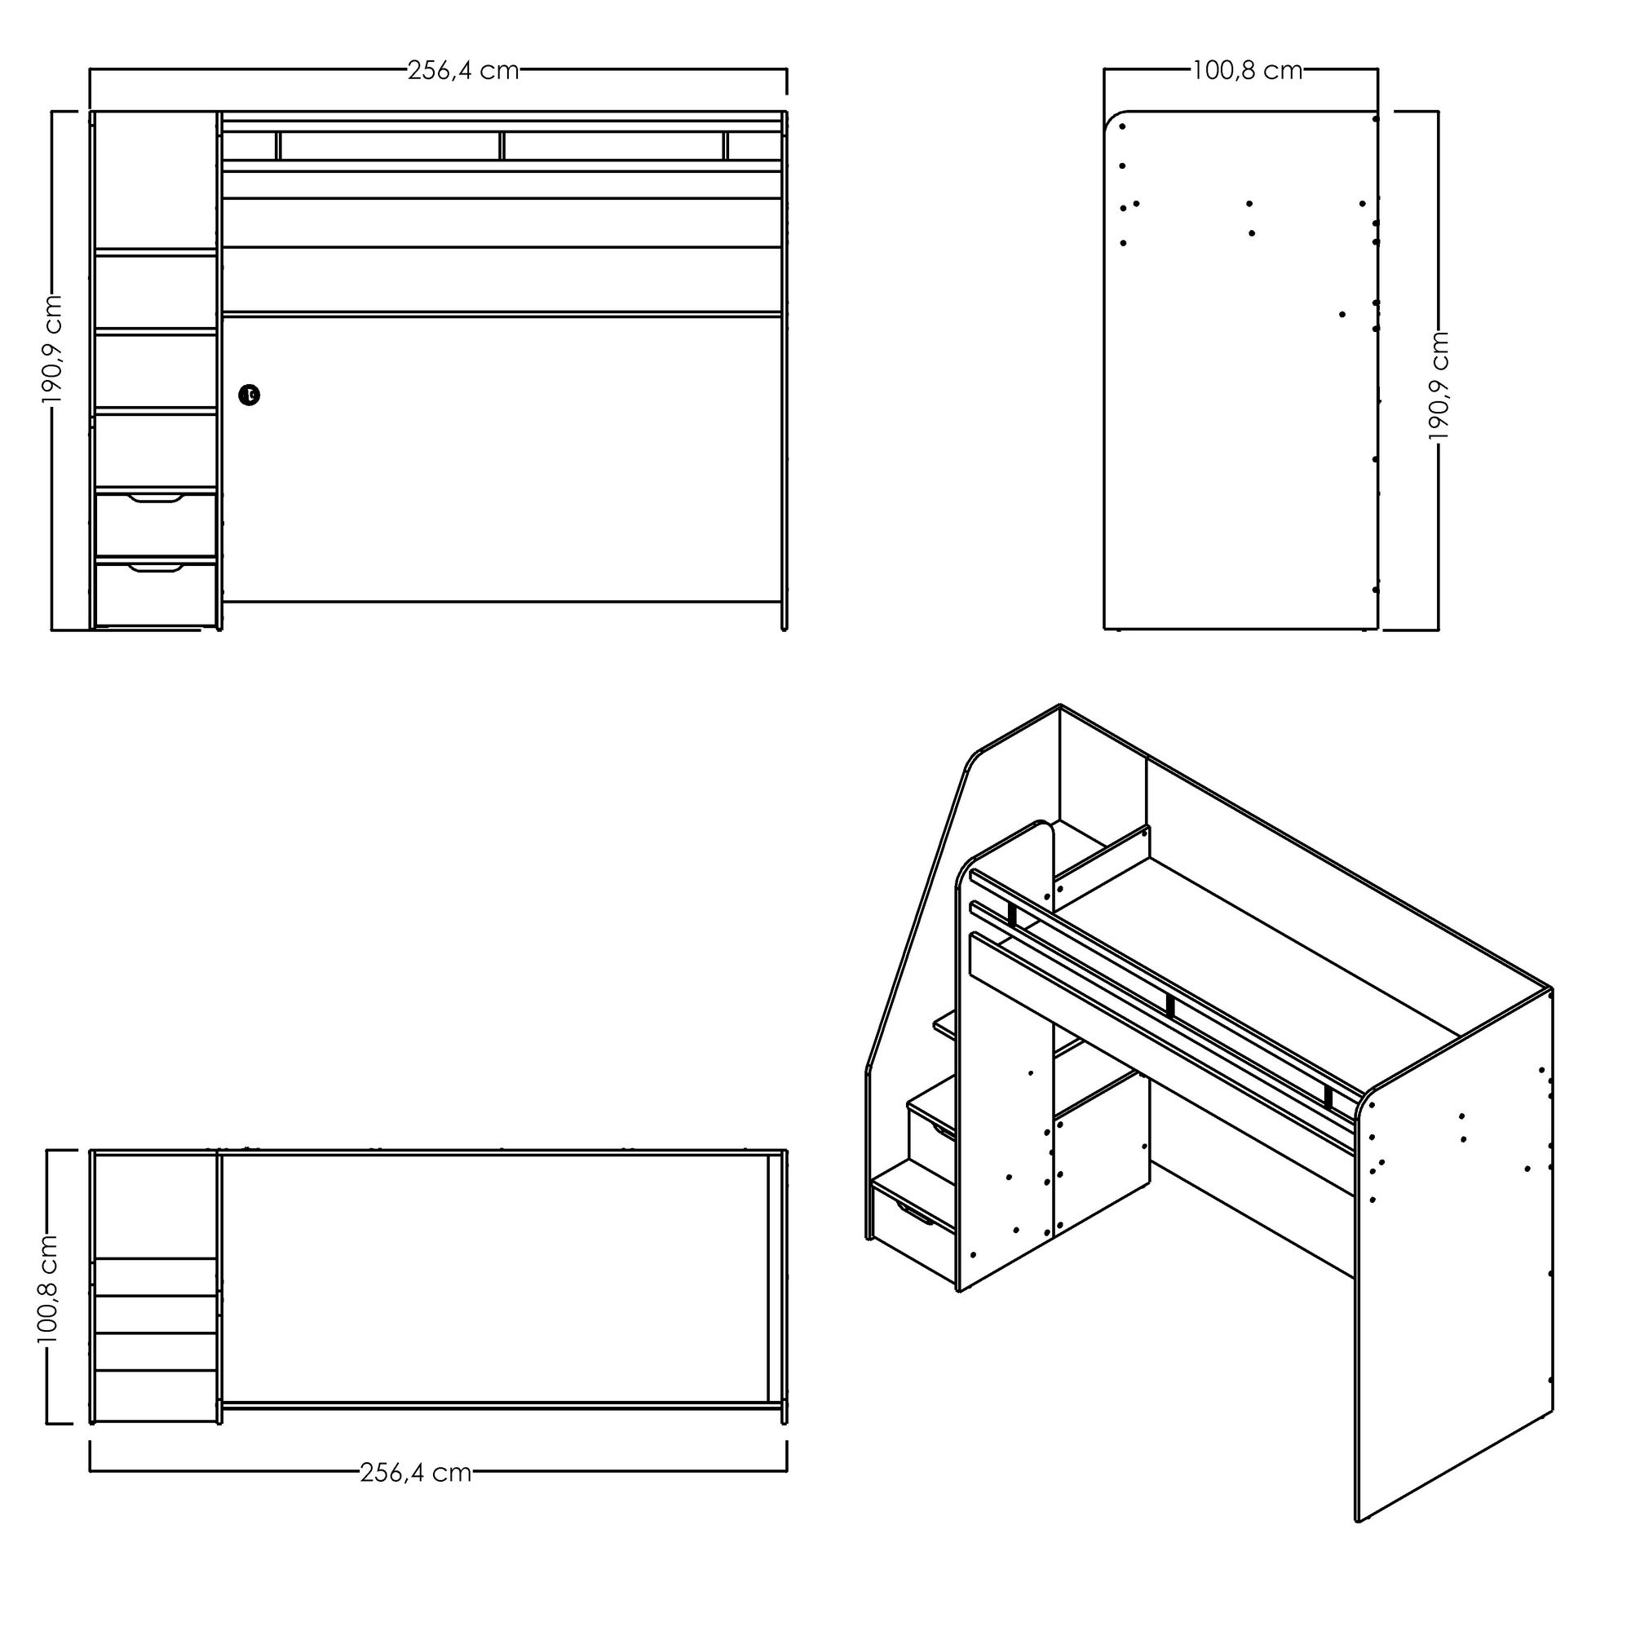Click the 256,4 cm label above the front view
[x=462, y=71]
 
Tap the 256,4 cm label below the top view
[x=415, y=1473]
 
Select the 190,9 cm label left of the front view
[x=52, y=349]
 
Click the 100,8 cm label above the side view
[x=1247, y=71]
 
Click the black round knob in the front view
[x=249, y=394]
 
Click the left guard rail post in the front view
[x=278, y=145]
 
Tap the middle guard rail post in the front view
[x=502, y=145]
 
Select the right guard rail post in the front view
[x=725, y=145]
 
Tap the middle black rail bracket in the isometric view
[x=1170, y=1006]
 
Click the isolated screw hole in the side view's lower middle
[x=1342, y=314]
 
